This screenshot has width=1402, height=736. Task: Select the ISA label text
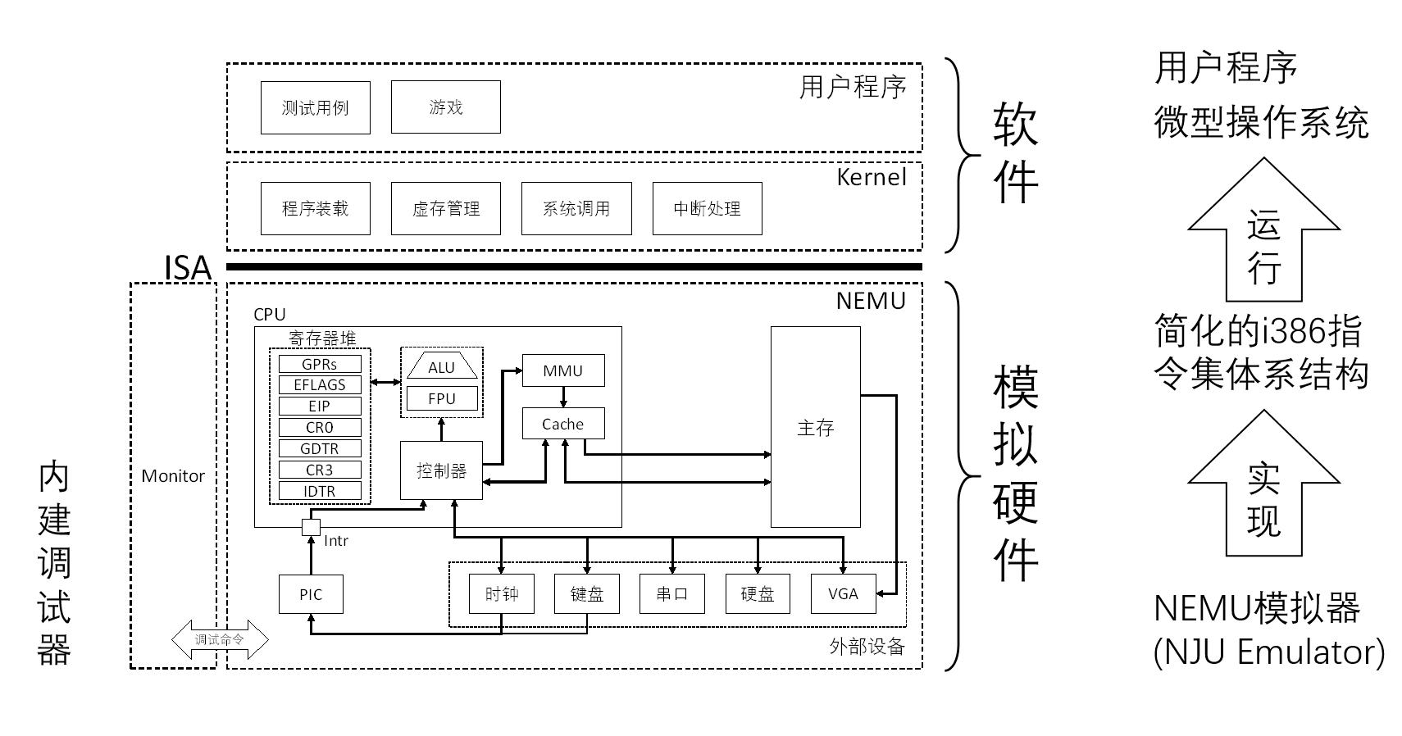coord(188,268)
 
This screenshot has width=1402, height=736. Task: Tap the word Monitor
coord(173,476)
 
